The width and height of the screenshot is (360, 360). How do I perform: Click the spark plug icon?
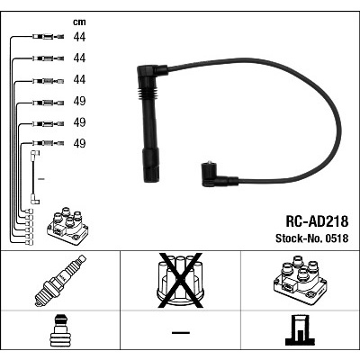(x=60, y=281)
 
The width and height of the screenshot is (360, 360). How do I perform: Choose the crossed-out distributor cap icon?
(x=180, y=280)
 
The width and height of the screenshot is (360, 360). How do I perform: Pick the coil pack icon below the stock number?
(x=299, y=281)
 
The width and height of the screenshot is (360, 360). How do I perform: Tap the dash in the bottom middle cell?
(x=180, y=334)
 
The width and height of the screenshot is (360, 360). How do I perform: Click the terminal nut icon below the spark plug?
(x=60, y=332)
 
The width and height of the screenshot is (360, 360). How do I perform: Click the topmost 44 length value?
(x=78, y=38)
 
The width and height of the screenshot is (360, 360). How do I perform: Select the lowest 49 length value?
(x=78, y=142)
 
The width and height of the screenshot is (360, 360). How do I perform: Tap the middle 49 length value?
(x=78, y=121)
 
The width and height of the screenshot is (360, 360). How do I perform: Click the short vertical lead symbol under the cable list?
(x=34, y=176)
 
